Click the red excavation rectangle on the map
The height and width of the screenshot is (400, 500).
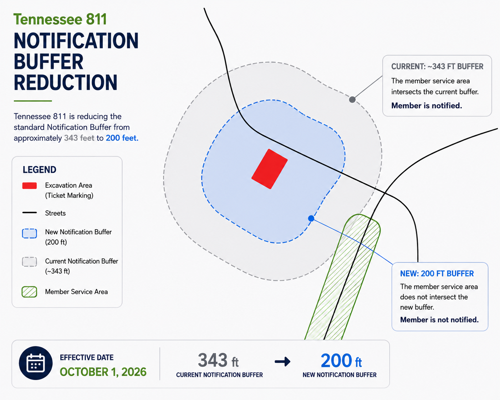(270, 169)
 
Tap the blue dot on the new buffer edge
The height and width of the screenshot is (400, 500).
(311, 218)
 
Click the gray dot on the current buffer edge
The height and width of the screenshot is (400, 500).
(352, 100)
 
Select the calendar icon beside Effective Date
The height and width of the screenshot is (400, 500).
(36, 363)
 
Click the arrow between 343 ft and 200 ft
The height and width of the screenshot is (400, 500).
(282, 361)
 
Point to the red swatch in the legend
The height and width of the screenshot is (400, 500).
(30, 186)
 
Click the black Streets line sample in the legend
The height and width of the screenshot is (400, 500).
(30, 212)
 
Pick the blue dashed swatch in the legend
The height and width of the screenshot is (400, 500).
(30, 234)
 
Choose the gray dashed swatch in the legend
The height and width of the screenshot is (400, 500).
(30, 262)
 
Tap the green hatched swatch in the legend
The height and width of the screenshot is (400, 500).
(30, 292)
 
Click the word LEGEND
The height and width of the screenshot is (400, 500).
(40, 170)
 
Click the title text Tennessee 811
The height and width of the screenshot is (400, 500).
(60, 19)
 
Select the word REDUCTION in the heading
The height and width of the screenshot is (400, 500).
(66, 82)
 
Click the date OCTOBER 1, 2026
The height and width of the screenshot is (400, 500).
(103, 372)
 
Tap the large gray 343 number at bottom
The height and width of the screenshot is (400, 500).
(213, 360)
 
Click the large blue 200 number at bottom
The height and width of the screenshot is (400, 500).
(337, 360)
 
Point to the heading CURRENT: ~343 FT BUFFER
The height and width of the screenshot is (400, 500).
(437, 67)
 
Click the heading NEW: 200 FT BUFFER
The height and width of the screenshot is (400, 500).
(437, 274)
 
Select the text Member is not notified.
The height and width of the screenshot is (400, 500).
(439, 320)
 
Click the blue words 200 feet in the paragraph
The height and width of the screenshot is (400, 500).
(122, 138)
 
